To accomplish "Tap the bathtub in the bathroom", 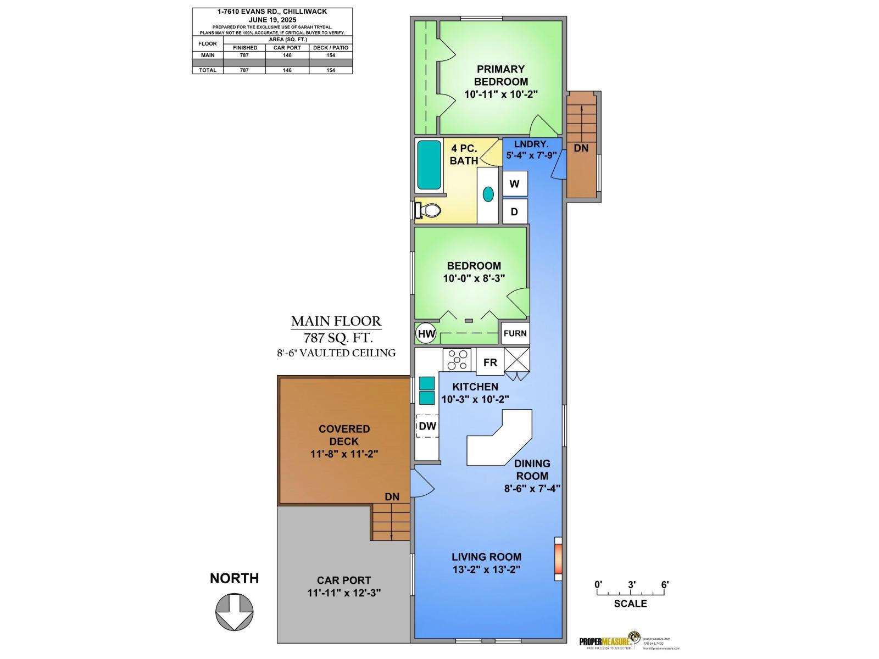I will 429,165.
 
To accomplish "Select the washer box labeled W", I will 515,184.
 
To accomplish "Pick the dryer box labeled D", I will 515,211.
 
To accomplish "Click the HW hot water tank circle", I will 426,333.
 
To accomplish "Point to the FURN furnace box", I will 515,333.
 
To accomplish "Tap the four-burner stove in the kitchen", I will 458,360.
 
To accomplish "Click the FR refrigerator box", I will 490,362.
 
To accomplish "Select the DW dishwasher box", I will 427,426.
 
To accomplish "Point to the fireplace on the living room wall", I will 558,559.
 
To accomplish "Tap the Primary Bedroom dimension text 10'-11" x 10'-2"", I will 500,94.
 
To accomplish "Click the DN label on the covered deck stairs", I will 392,497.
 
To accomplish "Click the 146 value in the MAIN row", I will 287,55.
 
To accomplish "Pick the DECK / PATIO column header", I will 331,48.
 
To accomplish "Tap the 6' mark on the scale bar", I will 665,585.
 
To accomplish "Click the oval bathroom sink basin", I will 488,193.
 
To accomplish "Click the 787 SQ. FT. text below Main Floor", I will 336,337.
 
